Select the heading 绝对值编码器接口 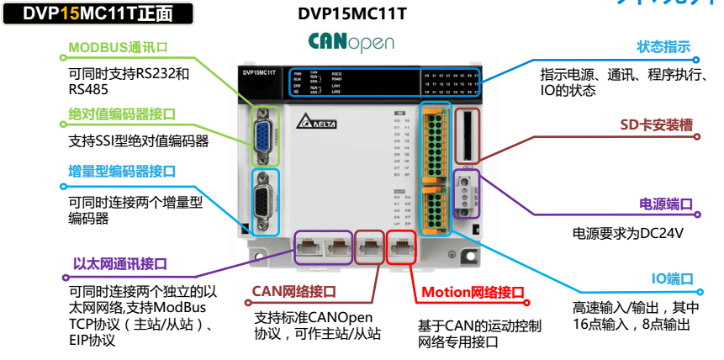point(123,114)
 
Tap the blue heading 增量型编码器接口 point(122,172)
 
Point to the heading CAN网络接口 point(293,292)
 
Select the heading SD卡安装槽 point(656,125)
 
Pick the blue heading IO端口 point(672,278)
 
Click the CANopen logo point(351,41)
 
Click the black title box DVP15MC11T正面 point(97,13)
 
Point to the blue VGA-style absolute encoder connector point(264,135)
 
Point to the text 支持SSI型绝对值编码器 point(138,140)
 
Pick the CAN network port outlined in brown point(368,246)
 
